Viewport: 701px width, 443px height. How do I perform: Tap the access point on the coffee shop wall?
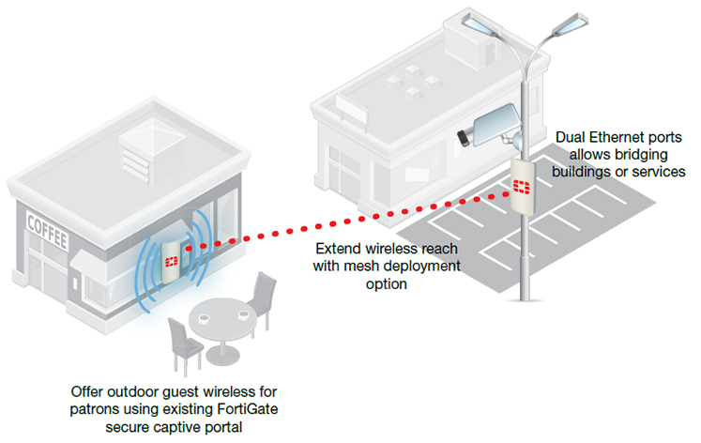tap(172, 255)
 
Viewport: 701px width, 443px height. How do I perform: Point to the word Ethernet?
tap(622, 138)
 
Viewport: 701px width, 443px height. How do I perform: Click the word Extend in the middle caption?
tap(335, 250)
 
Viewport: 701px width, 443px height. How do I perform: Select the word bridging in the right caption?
tap(649, 156)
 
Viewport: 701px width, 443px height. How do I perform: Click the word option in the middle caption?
tap(388, 283)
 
